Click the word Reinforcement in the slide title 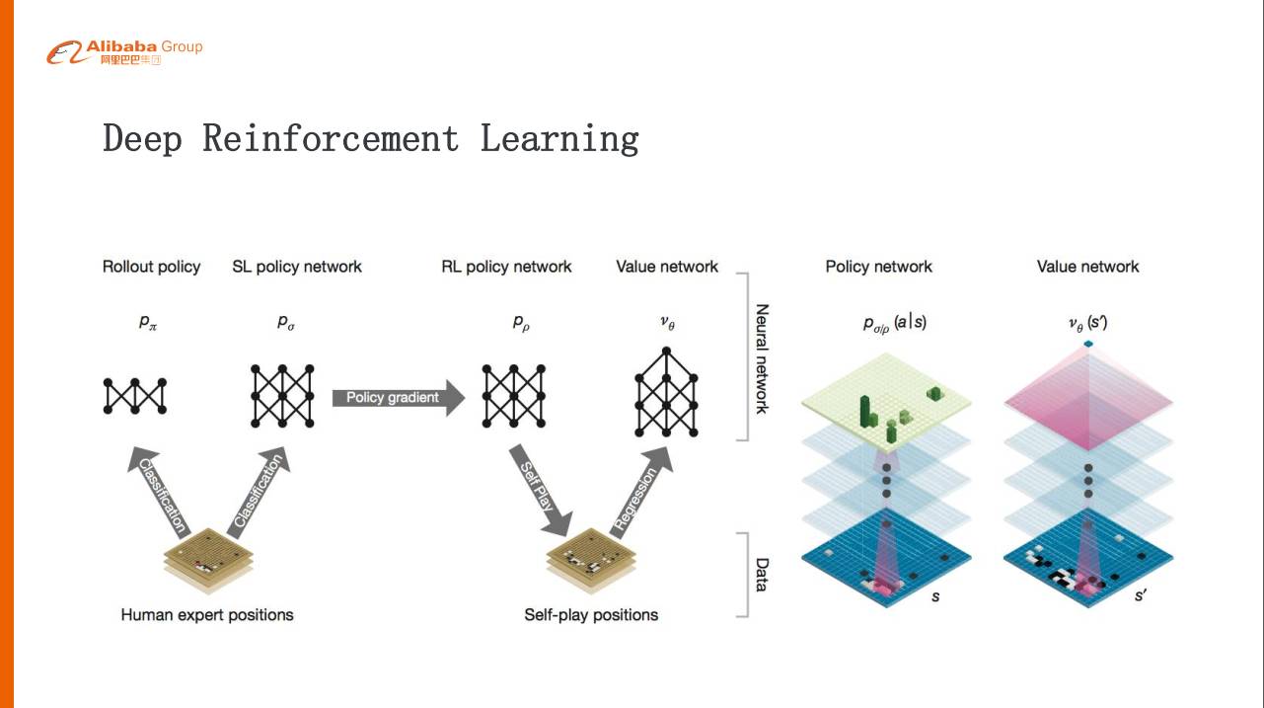tap(331, 138)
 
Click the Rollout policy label tap(151, 267)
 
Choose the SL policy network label tap(297, 267)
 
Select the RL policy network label tap(506, 267)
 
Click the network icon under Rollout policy tap(135, 396)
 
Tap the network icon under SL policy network tap(282, 396)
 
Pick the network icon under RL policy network tap(514, 396)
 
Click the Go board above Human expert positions tap(208, 561)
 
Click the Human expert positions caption tap(207, 615)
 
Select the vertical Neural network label tap(762, 357)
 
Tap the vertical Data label tap(762, 574)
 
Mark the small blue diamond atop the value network tap(1088, 343)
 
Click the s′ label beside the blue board tap(1141, 596)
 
